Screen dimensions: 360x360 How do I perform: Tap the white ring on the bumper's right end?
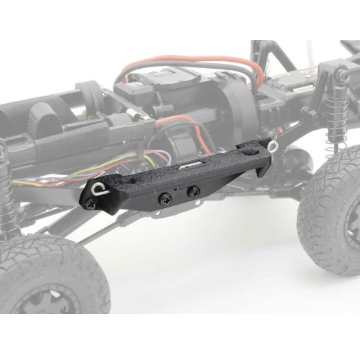pos(273,146)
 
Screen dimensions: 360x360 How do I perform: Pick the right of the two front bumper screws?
pos(194,192)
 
